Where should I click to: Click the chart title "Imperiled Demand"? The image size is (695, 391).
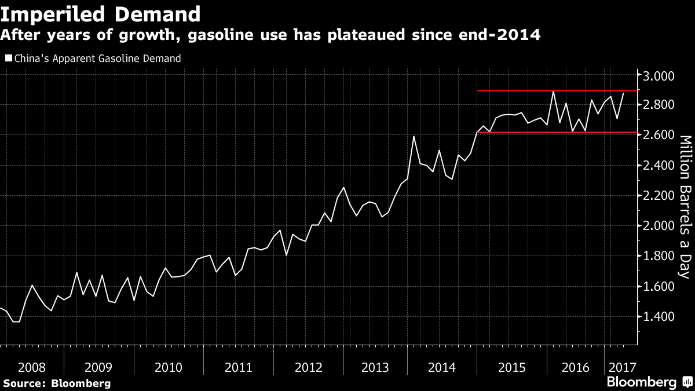pos(101,14)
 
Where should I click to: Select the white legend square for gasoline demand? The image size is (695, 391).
pos(8,59)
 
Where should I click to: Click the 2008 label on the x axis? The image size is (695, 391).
pos(32,367)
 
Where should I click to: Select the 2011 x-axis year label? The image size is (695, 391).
pos(238,367)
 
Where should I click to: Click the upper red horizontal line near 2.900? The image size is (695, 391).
pos(556,91)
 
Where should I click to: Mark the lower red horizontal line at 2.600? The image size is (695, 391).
pos(556,133)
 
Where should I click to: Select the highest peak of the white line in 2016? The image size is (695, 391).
pos(553,92)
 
